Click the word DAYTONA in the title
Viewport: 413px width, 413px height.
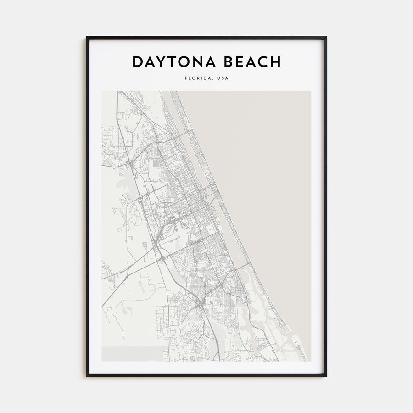click(173, 62)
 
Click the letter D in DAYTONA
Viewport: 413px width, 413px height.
click(137, 62)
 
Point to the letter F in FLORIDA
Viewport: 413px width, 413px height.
click(186, 78)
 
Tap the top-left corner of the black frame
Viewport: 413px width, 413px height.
click(87, 37)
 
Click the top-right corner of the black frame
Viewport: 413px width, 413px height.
click(326, 37)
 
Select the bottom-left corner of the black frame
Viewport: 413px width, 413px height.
click(87, 376)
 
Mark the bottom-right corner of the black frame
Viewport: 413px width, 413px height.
click(326, 376)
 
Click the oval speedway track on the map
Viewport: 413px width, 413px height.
click(168, 226)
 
